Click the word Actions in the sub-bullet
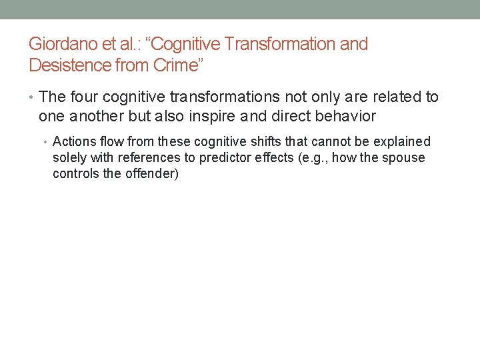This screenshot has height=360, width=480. tap(73, 142)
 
